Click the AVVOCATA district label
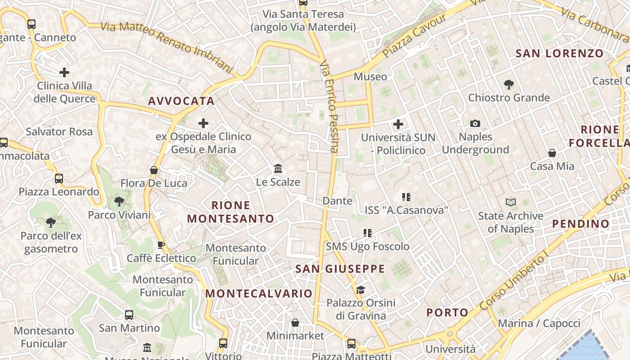(181, 101)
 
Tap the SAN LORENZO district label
(559, 54)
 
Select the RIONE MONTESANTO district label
(230, 212)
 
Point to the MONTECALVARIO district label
(259, 293)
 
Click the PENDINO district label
(580, 224)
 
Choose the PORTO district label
(447, 312)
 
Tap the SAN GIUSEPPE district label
(340, 269)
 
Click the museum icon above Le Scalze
(278, 169)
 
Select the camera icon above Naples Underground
(475, 123)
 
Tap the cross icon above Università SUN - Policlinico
(398, 124)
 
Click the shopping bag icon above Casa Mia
(552, 153)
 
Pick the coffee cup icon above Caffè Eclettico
(161, 245)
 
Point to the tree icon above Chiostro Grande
(509, 84)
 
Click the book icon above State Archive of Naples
(511, 202)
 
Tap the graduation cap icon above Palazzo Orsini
(360, 289)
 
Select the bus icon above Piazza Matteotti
(351, 344)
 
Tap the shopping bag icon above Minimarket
(295, 323)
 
